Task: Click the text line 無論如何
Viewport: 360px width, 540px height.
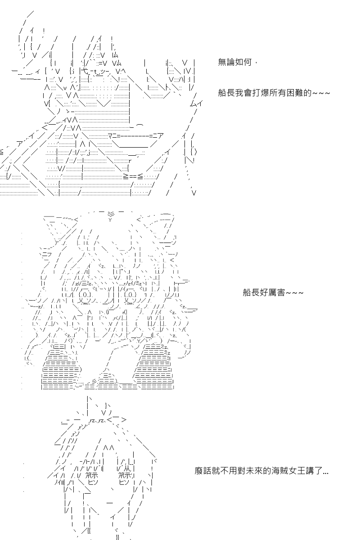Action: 234,62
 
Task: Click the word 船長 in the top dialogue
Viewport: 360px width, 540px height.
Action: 226,93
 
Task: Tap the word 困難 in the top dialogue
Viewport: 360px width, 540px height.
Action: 295,93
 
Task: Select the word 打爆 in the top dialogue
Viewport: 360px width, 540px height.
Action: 261,93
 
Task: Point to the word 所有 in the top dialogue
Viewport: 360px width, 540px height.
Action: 278,93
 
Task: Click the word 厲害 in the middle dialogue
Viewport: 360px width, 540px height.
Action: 277,292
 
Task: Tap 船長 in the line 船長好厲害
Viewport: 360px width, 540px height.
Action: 251,292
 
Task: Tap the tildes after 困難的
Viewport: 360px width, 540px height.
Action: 321,93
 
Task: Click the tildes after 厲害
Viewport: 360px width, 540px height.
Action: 294,293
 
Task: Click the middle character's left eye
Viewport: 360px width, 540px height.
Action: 85,295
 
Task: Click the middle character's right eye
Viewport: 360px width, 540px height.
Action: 130,295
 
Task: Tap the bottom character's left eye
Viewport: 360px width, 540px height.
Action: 92,479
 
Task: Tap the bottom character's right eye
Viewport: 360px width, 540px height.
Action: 125,479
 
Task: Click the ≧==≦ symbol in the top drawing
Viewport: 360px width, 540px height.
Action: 133,177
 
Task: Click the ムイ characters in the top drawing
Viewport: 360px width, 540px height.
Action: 196,103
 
